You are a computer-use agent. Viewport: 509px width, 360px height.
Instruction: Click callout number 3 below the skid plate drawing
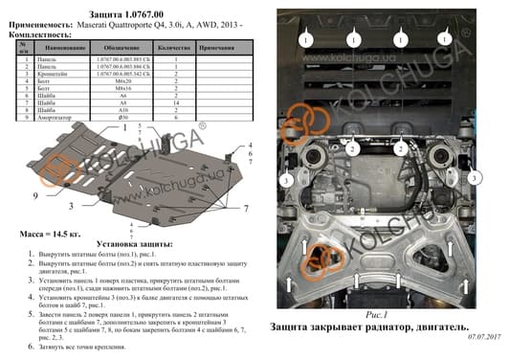(x=70, y=206)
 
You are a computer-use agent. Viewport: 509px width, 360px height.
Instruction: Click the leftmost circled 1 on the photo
(x=304, y=40)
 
